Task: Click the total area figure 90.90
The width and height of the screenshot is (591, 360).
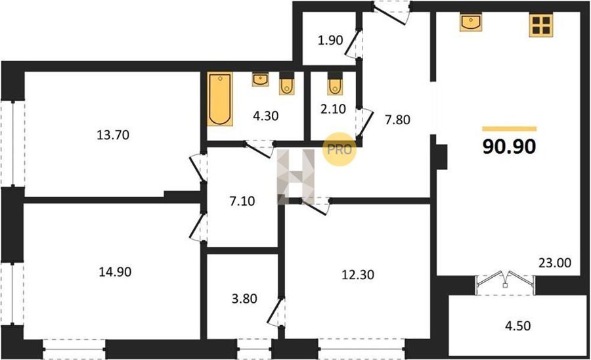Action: [509, 146]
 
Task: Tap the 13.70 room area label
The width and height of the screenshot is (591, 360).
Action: [113, 135]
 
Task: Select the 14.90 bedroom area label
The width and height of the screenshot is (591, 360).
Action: [116, 271]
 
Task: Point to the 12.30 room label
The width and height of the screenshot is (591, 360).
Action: [358, 275]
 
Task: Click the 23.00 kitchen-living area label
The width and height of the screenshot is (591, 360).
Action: [555, 262]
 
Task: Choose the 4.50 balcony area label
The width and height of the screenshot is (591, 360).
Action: [518, 325]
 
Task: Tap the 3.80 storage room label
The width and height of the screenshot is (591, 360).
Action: [245, 298]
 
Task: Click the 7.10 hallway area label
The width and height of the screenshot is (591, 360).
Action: [242, 201]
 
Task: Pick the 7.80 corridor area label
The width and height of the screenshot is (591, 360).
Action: [397, 120]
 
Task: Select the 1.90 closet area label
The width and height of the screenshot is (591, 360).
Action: [330, 40]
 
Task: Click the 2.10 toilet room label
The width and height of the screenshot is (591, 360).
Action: [333, 109]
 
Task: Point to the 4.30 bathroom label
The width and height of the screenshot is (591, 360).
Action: [266, 116]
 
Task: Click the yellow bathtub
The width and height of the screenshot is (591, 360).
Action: [220, 99]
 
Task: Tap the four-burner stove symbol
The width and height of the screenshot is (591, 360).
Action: [541, 25]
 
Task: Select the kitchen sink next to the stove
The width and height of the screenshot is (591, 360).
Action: [471, 22]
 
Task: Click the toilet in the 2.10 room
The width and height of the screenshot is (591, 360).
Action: [335, 86]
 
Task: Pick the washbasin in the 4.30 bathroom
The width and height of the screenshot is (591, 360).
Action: [261, 79]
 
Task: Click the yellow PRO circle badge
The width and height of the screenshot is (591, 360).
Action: [339, 149]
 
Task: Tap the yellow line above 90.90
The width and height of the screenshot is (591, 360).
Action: [509, 129]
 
